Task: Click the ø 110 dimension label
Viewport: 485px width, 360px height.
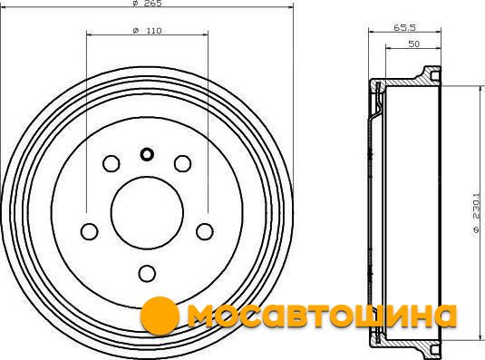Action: (x=147, y=31)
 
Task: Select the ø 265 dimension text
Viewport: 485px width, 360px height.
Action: (x=147, y=3)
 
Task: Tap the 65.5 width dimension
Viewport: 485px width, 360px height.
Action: (x=404, y=27)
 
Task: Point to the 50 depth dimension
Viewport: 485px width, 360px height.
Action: (x=414, y=44)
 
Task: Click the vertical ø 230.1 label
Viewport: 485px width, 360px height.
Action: (x=476, y=216)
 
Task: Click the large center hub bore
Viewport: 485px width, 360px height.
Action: (x=147, y=213)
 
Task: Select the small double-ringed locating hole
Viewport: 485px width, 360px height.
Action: (x=147, y=154)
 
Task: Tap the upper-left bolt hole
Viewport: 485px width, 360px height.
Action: (x=111, y=163)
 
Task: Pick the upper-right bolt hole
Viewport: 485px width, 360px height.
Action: (x=182, y=163)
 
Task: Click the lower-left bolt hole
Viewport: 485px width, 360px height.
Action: (x=90, y=231)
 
